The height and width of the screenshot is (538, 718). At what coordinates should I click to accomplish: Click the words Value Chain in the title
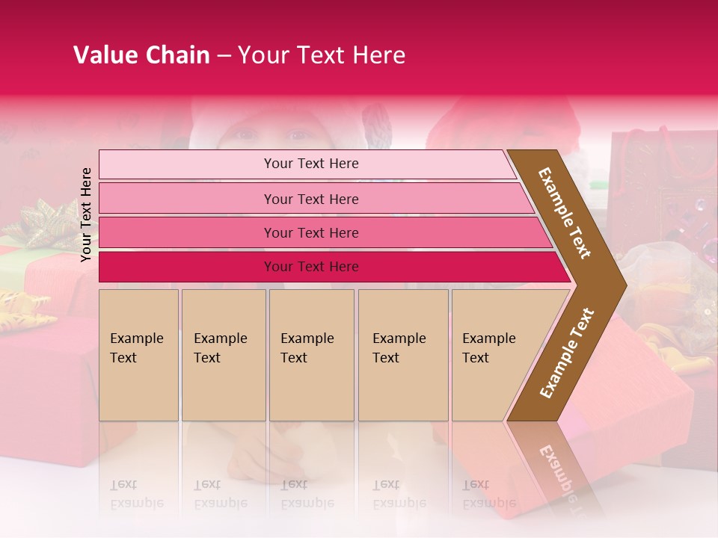pyautogui.click(x=141, y=55)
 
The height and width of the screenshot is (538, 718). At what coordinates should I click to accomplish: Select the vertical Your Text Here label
pyautogui.click(x=86, y=214)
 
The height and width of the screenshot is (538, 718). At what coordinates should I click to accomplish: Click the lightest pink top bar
pyautogui.click(x=310, y=164)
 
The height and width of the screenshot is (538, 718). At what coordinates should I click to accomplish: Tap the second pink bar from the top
pyautogui.click(x=310, y=199)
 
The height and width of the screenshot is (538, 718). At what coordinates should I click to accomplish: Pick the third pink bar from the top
pyautogui.click(x=310, y=232)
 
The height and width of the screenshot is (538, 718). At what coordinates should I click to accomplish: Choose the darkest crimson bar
pyautogui.click(x=310, y=267)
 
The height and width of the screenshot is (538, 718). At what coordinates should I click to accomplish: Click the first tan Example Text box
pyautogui.click(x=138, y=354)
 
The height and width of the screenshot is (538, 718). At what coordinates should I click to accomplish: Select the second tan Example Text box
pyautogui.click(x=223, y=354)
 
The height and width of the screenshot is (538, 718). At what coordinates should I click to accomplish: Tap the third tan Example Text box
pyautogui.click(x=311, y=354)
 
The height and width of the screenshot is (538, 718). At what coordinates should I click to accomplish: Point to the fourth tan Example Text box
pyautogui.click(x=402, y=354)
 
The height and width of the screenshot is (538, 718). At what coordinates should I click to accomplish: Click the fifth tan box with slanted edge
pyautogui.click(x=494, y=354)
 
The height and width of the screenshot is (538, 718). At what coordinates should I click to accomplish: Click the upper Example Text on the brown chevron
pyautogui.click(x=565, y=213)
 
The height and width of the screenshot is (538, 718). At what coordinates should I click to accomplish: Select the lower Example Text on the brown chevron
pyautogui.click(x=567, y=353)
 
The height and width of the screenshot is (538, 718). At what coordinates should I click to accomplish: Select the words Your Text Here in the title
pyautogui.click(x=322, y=55)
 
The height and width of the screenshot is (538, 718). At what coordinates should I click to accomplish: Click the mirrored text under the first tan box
pyautogui.click(x=137, y=494)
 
